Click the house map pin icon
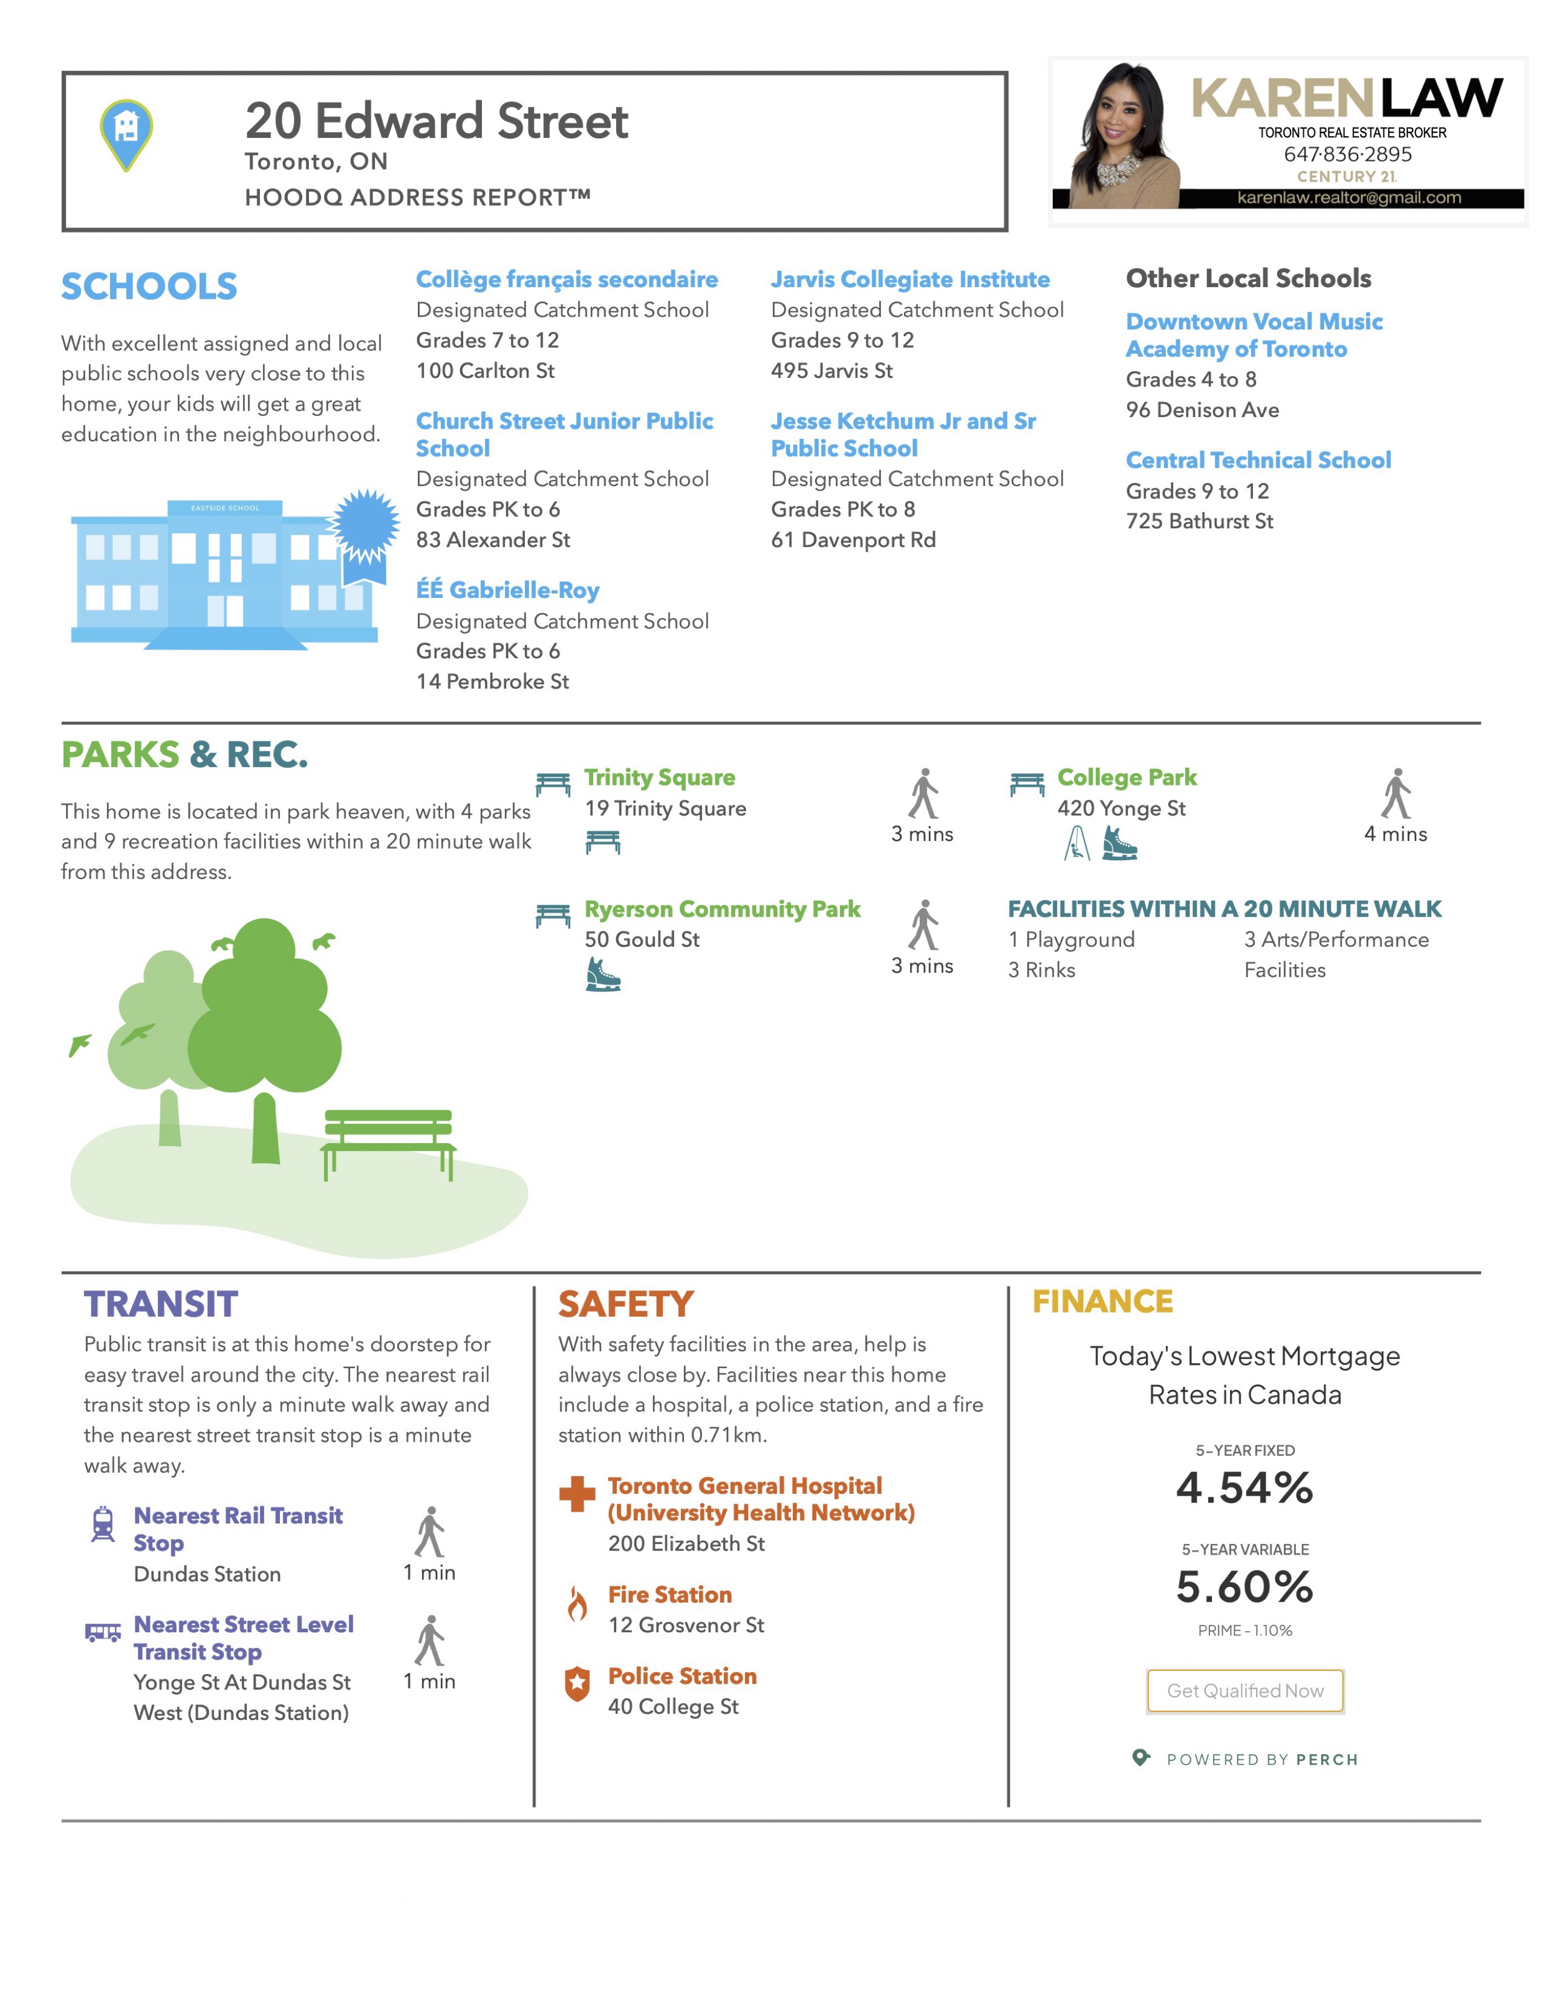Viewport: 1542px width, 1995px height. click(126, 134)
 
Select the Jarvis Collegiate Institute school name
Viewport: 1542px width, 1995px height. click(910, 279)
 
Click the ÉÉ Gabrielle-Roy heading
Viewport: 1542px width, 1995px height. click(508, 590)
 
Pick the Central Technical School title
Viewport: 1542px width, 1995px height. click(1258, 461)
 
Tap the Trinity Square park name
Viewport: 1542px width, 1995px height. click(660, 777)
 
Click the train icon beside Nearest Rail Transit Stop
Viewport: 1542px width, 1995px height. click(103, 1523)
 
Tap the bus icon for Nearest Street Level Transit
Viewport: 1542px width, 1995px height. click(103, 1632)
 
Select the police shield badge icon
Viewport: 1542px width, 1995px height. click(576, 1684)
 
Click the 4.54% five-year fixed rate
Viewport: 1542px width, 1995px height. click(1244, 1488)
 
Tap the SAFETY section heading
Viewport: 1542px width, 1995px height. click(626, 1305)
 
